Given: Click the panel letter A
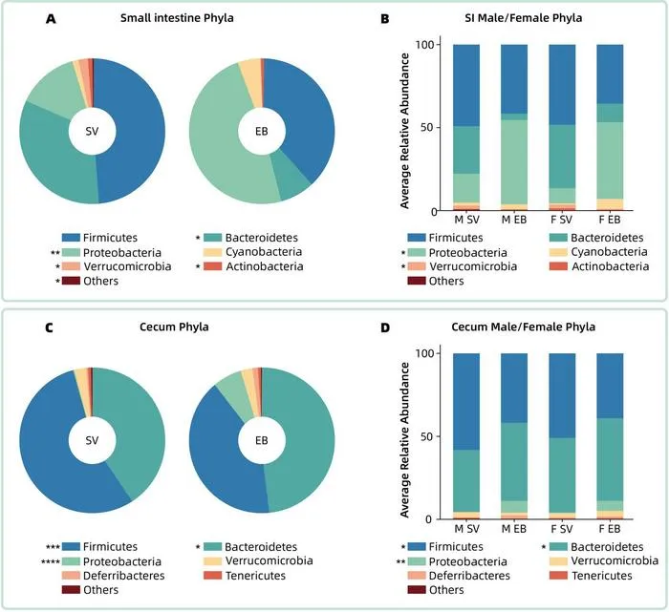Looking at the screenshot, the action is coord(51,19).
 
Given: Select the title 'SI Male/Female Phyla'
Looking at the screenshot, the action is coord(523,18).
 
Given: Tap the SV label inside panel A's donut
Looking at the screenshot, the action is coord(92,131).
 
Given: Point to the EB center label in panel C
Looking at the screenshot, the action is coord(262,440).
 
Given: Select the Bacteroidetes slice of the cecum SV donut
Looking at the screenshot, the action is coord(132,426).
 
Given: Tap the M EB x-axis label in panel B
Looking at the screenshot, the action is coord(514,220).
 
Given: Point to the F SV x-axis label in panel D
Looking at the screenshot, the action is coord(562,529).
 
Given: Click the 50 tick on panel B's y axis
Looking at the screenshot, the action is coord(426,127).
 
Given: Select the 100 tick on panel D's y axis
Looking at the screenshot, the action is coord(424,353).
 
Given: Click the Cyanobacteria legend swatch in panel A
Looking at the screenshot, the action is coord(212,252).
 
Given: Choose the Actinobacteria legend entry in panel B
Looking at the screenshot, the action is coord(601,266).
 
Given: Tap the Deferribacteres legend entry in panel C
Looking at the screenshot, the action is coord(114,576).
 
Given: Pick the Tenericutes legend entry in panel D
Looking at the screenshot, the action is coord(591,576).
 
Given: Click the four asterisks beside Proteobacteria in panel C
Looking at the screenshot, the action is coord(51,562).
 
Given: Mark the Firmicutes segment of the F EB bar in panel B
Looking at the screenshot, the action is coord(610,74).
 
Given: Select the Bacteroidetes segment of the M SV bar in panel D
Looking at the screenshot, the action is coord(466,481).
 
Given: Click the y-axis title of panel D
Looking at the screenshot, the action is coord(404,440).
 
